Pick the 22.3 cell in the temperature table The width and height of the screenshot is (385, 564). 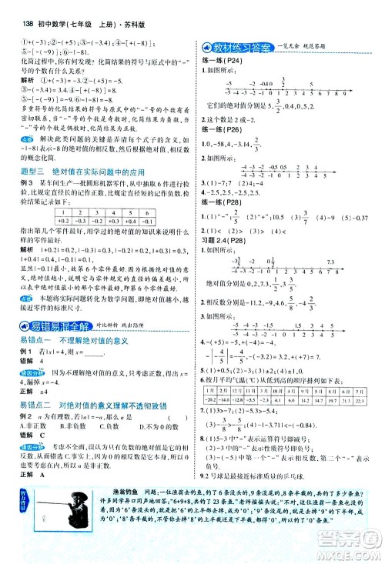(x=358, y=399)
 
